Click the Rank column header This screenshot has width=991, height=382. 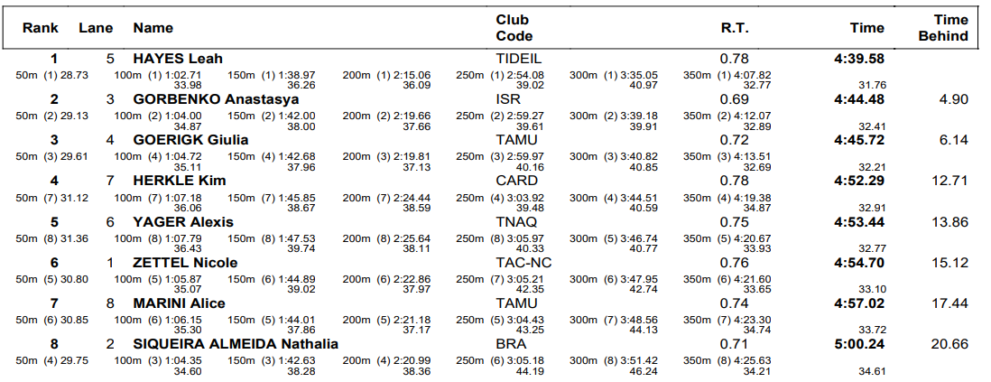(41, 28)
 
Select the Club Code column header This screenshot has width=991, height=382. (514, 28)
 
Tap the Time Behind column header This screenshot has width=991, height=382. (943, 28)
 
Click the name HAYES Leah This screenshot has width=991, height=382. (178, 59)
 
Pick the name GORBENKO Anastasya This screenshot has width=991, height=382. (216, 99)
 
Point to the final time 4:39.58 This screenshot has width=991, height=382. (859, 59)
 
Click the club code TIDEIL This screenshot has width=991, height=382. (519, 59)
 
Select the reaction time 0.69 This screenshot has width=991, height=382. (735, 99)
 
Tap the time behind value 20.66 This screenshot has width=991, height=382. (949, 344)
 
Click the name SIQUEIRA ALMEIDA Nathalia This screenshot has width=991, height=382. (236, 344)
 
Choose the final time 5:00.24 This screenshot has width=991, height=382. (859, 344)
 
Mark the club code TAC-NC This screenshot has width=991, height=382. (524, 263)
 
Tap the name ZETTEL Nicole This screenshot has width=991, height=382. (185, 263)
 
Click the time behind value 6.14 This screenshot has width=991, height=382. (954, 140)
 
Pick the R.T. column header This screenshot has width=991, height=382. (735, 28)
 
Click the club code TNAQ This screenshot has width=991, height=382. (516, 222)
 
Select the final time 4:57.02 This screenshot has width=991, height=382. (859, 303)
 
